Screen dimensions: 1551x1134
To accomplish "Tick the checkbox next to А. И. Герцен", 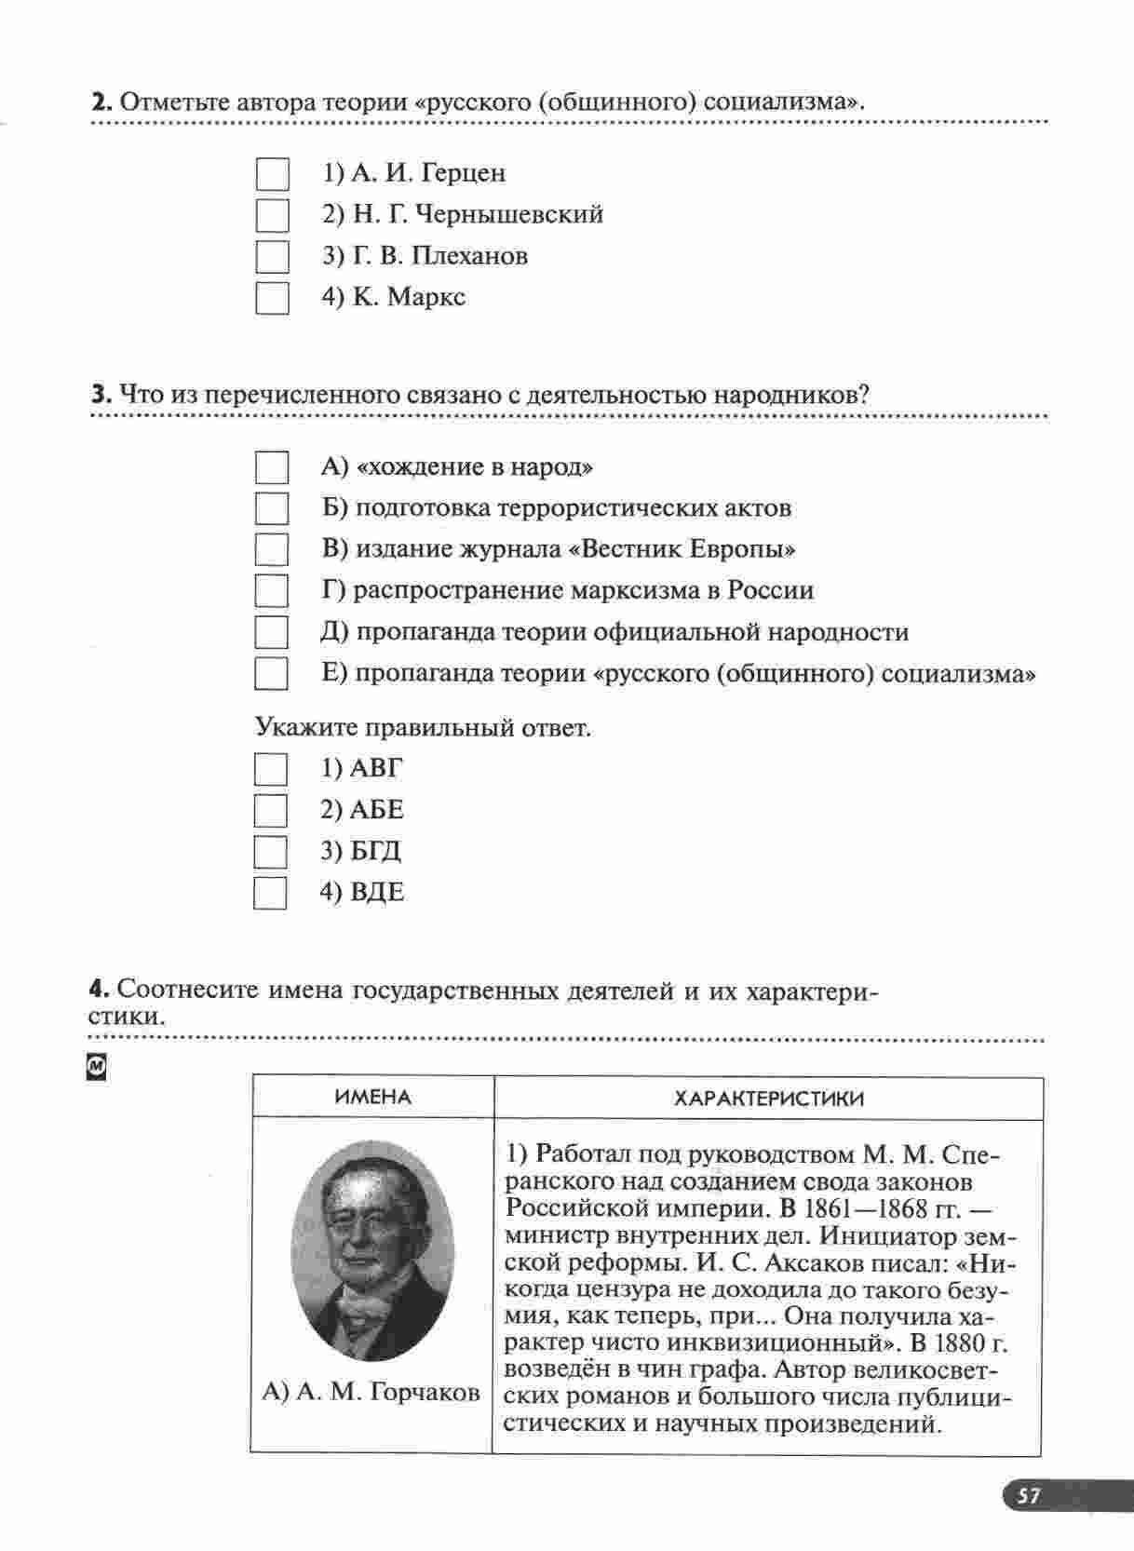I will (x=272, y=174).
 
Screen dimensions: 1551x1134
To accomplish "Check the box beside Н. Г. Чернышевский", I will (x=272, y=216).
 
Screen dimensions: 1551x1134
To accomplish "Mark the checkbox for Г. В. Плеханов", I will (x=272, y=257).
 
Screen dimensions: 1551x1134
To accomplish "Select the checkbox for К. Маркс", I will (x=272, y=298).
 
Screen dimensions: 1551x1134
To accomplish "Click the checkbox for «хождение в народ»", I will (x=271, y=467).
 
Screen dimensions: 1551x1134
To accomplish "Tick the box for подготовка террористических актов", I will (x=271, y=509).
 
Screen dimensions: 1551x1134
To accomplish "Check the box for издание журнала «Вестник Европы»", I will (x=271, y=550).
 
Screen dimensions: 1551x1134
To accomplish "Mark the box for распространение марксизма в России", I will (x=271, y=591).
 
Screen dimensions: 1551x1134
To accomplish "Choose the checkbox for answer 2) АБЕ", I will (x=270, y=810).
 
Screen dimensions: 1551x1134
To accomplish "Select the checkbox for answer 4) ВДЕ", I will (x=270, y=893).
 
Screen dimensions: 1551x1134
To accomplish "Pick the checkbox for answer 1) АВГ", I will (x=270, y=769).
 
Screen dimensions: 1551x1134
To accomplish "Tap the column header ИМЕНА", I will (x=372, y=1098).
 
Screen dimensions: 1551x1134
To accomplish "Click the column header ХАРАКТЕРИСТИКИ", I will (x=768, y=1099).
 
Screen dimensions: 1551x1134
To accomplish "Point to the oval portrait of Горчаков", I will (x=373, y=1250).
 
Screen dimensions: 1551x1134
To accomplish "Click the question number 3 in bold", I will (x=100, y=395).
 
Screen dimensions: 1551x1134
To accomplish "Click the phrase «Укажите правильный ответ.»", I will (x=423, y=727).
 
